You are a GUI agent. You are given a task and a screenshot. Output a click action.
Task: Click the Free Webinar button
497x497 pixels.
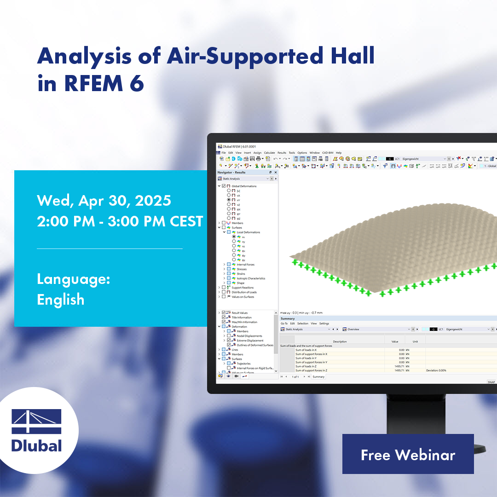point(408,454)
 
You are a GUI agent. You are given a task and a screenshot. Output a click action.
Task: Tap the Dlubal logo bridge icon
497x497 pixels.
point(36,422)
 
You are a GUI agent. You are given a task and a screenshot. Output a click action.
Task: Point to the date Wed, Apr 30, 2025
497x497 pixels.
point(104,200)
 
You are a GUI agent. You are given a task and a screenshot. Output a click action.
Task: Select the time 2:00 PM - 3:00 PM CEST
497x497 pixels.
point(120,221)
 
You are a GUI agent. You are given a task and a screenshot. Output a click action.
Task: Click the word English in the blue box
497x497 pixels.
point(60,300)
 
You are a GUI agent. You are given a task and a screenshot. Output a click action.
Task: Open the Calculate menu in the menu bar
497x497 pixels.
point(269,153)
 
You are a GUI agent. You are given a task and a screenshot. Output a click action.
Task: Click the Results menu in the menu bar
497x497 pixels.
point(281,153)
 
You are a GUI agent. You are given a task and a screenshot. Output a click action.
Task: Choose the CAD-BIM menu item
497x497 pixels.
point(327,153)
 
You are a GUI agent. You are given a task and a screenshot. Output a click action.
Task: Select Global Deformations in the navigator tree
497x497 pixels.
point(244,186)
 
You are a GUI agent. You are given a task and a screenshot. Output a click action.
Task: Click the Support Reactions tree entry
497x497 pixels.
point(243,288)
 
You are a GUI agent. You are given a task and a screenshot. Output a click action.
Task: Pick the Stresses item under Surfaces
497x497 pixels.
point(242,269)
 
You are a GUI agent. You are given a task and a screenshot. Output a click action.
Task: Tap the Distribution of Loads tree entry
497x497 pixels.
point(244,292)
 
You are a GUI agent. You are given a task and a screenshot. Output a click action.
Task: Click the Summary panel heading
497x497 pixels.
point(288,318)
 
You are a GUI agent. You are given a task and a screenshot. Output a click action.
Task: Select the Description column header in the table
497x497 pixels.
point(340,341)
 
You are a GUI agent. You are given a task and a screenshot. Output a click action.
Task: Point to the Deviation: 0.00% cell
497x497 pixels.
point(436,370)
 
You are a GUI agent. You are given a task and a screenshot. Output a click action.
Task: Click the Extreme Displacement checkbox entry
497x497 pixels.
point(250,341)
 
